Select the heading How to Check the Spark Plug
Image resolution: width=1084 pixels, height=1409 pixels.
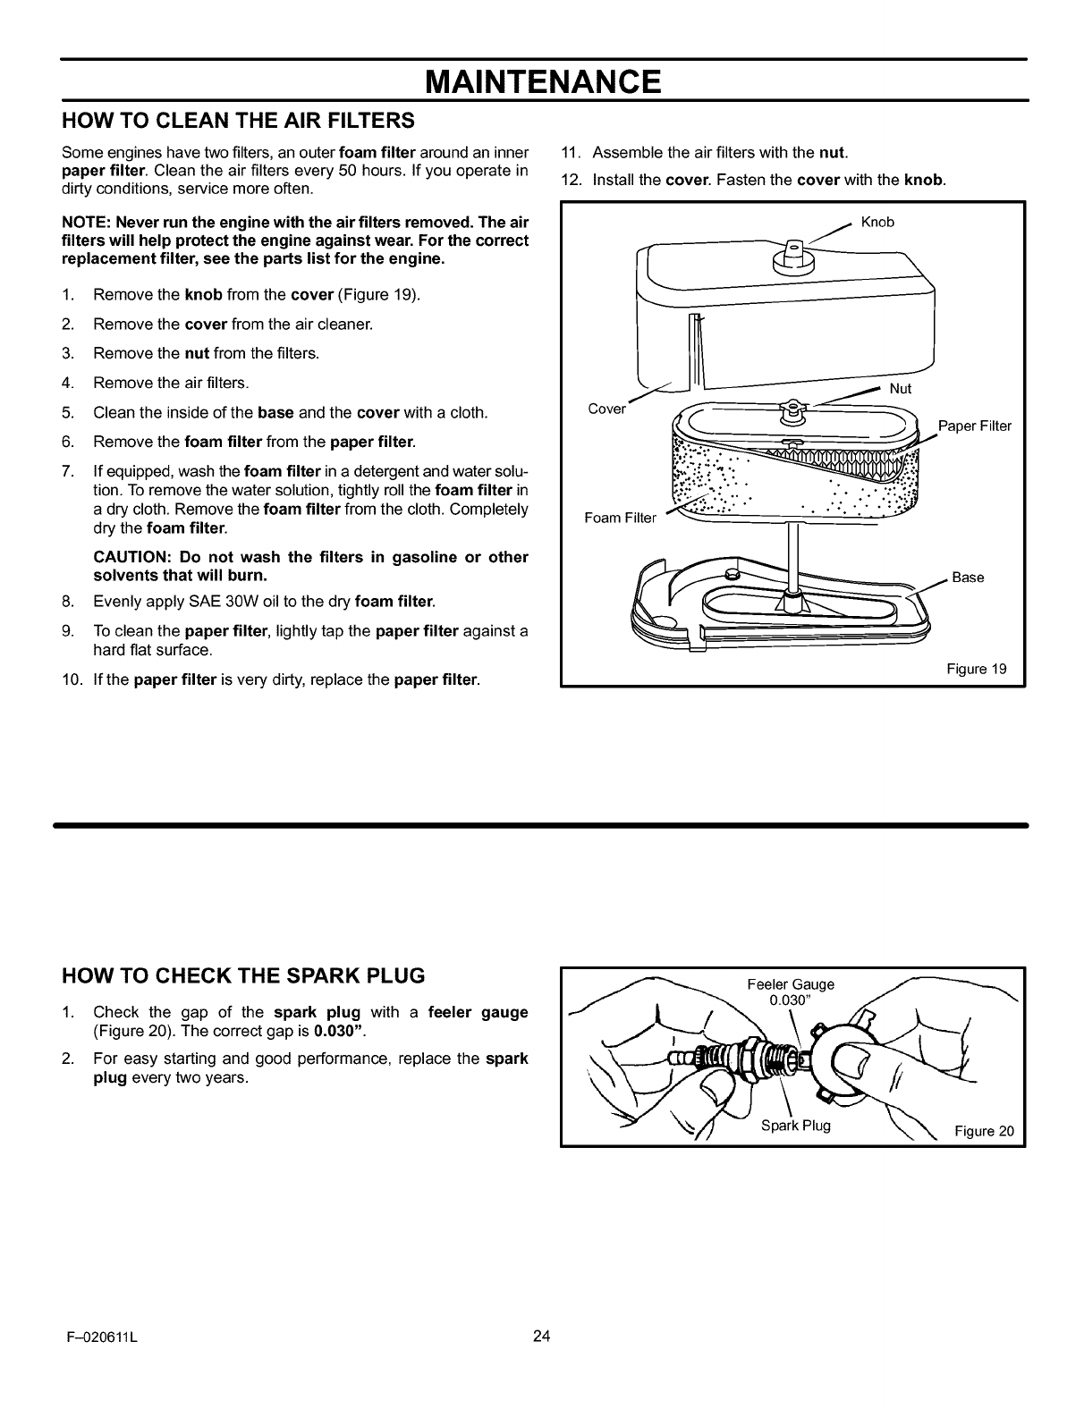242,974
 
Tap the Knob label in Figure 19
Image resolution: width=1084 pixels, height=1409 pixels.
877,223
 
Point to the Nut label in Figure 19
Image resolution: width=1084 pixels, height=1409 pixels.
901,389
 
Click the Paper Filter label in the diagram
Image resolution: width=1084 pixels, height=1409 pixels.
974,426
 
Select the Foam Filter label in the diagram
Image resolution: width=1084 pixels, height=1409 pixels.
620,518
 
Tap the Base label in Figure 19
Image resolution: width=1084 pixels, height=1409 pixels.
968,578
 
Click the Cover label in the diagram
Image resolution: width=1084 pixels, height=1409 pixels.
606,409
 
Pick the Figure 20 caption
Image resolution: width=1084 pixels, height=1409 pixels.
984,1131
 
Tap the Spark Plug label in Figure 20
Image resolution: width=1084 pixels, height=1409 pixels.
796,1125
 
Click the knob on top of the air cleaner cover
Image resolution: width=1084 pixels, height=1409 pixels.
791,255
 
